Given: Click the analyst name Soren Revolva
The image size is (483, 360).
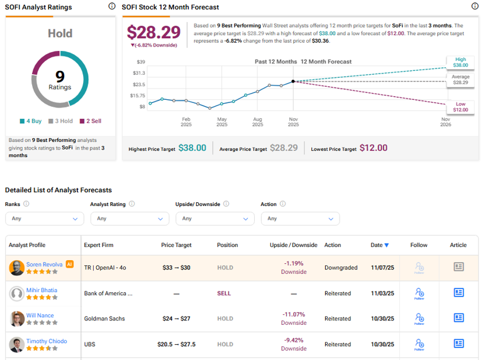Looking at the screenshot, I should (x=44, y=265).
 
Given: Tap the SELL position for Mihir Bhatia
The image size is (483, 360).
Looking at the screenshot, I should (x=225, y=293).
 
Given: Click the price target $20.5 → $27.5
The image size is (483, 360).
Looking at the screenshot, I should (x=175, y=344).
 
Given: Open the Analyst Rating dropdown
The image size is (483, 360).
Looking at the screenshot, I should (x=130, y=219).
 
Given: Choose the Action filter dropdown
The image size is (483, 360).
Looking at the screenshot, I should (x=300, y=219).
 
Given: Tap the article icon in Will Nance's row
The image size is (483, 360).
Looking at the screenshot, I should (x=458, y=318).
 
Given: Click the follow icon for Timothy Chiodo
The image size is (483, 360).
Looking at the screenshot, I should (x=419, y=344).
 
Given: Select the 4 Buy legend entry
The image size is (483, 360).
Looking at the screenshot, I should (x=31, y=121).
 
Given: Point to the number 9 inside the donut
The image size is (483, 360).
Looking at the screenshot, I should (x=60, y=77).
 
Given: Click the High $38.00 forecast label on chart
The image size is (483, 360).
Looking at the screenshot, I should (x=460, y=62).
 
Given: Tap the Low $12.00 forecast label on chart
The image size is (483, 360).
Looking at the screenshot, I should (x=460, y=106).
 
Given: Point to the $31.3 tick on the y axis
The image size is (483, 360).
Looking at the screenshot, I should (x=138, y=73).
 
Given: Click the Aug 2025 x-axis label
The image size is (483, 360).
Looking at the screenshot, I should (x=257, y=121).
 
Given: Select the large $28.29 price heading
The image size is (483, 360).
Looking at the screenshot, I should (x=153, y=32).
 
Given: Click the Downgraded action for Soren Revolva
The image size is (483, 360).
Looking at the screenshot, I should (x=341, y=268).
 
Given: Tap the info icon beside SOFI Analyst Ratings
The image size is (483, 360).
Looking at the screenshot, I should (x=111, y=6).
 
